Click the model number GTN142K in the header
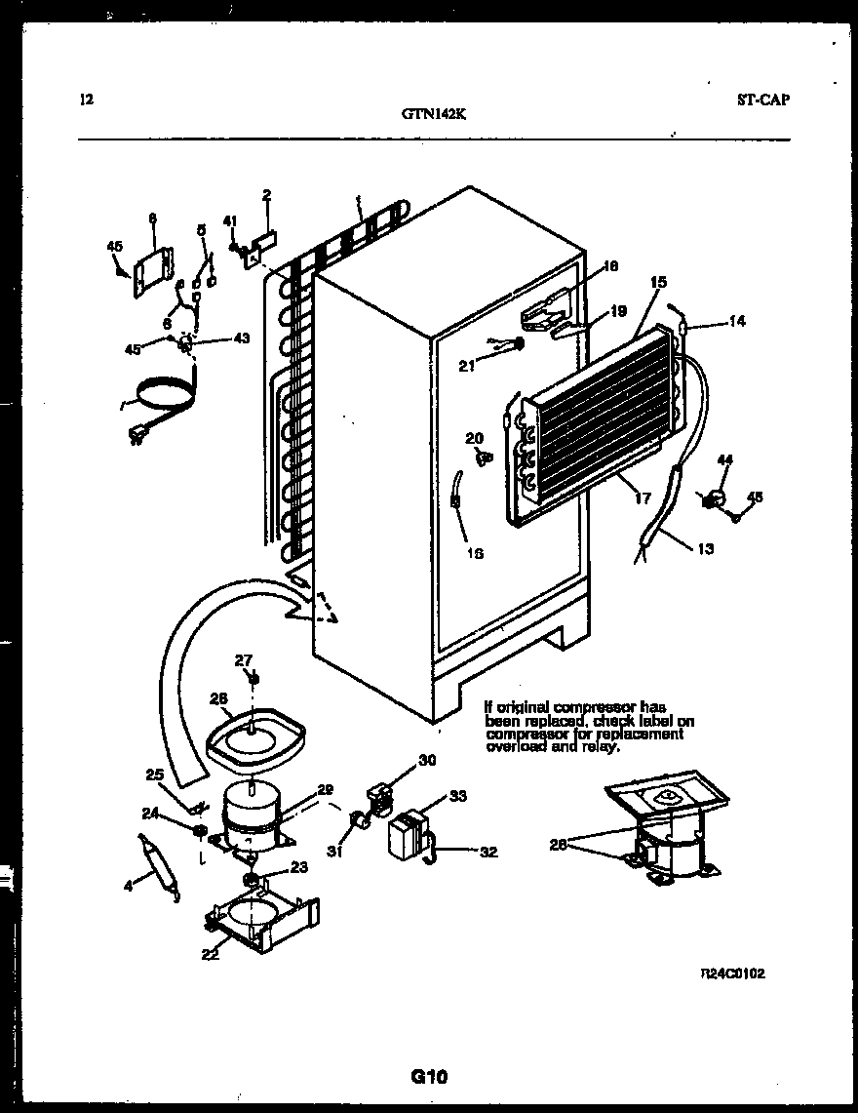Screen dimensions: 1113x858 point(434,112)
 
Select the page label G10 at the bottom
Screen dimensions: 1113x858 point(428,1077)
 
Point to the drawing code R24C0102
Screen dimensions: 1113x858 point(731,974)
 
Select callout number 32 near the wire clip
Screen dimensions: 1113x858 point(488,852)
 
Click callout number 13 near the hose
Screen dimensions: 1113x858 point(705,548)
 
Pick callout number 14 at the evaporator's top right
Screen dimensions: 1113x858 point(736,321)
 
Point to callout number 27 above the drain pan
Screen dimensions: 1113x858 point(243,660)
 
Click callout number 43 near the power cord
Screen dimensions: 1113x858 point(242,338)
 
